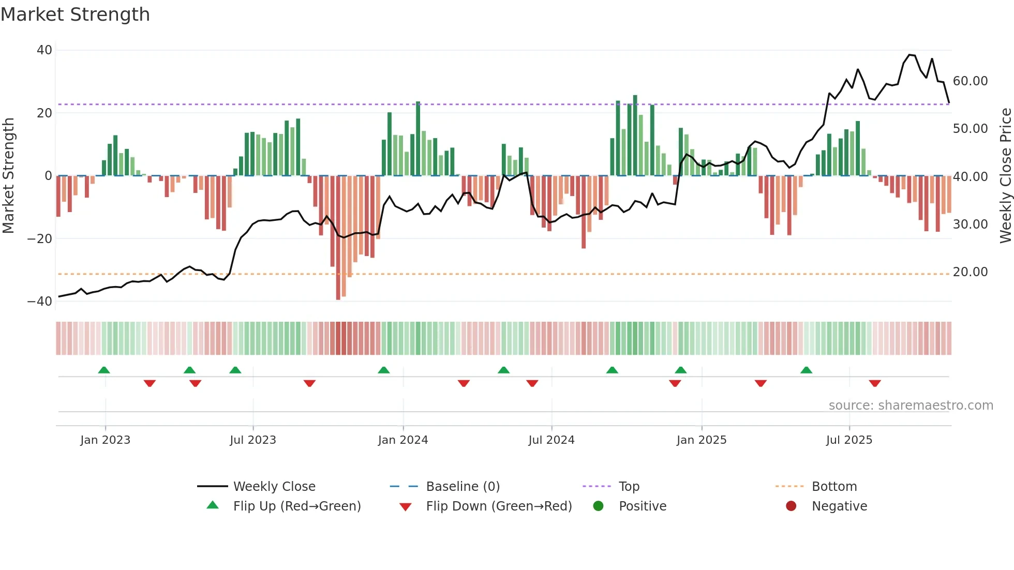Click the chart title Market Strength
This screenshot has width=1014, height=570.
(76, 14)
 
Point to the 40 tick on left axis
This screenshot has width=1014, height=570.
(44, 50)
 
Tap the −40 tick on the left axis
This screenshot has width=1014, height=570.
(40, 301)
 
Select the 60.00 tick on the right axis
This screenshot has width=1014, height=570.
(970, 81)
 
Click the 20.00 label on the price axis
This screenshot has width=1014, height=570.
(970, 272)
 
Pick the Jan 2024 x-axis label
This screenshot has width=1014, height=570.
(403, 440)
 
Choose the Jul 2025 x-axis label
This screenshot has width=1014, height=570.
(849, 440)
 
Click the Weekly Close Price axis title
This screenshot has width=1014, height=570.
(1005, 176)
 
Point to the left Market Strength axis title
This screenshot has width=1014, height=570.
(9, 176)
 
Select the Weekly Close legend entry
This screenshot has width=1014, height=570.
(274, 487)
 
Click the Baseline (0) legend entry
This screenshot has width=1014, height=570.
(463, 487)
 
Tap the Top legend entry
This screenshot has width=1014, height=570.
(629, 487)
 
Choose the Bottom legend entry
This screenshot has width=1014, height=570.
(834, 487)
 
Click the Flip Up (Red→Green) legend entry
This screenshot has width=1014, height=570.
(297, 506)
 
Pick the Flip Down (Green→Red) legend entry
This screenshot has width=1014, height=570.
(499, 506)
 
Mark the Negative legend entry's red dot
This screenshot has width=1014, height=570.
(791, 506)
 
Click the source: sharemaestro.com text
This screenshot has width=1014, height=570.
(911, 406)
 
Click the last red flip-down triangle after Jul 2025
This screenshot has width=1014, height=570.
(875, 383)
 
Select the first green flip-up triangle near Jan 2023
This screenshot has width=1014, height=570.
(104, 370)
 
